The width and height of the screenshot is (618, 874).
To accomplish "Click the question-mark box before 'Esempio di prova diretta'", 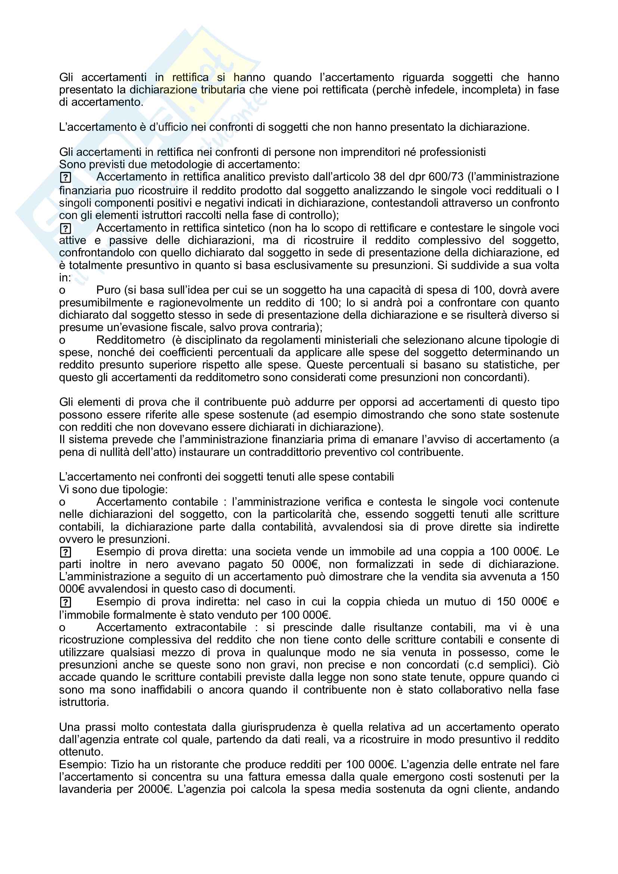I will coord(65,552).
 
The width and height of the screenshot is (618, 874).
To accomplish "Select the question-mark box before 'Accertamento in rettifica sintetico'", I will coord(65,228).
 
